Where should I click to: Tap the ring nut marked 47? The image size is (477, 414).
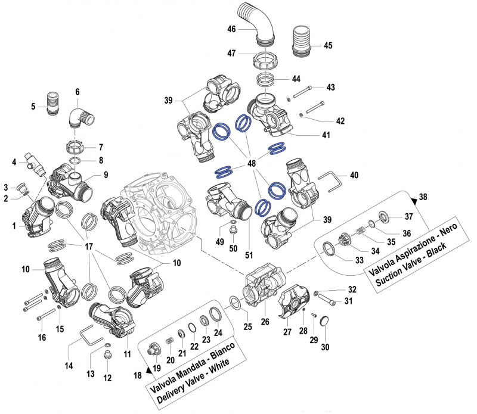pyautogui.click(x=267, y=61)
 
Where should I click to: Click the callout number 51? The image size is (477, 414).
pyautogui.click(x=249, y=255)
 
